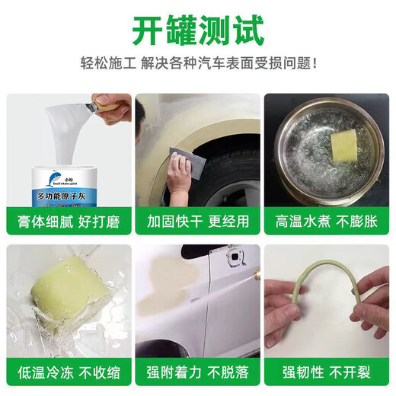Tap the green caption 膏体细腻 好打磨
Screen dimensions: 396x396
tap(67, 223)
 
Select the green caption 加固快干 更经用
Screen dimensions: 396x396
tap(198, 223)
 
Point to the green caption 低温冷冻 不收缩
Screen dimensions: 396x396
tap(67, 372)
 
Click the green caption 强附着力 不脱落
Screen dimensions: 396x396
tap(198, 372)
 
